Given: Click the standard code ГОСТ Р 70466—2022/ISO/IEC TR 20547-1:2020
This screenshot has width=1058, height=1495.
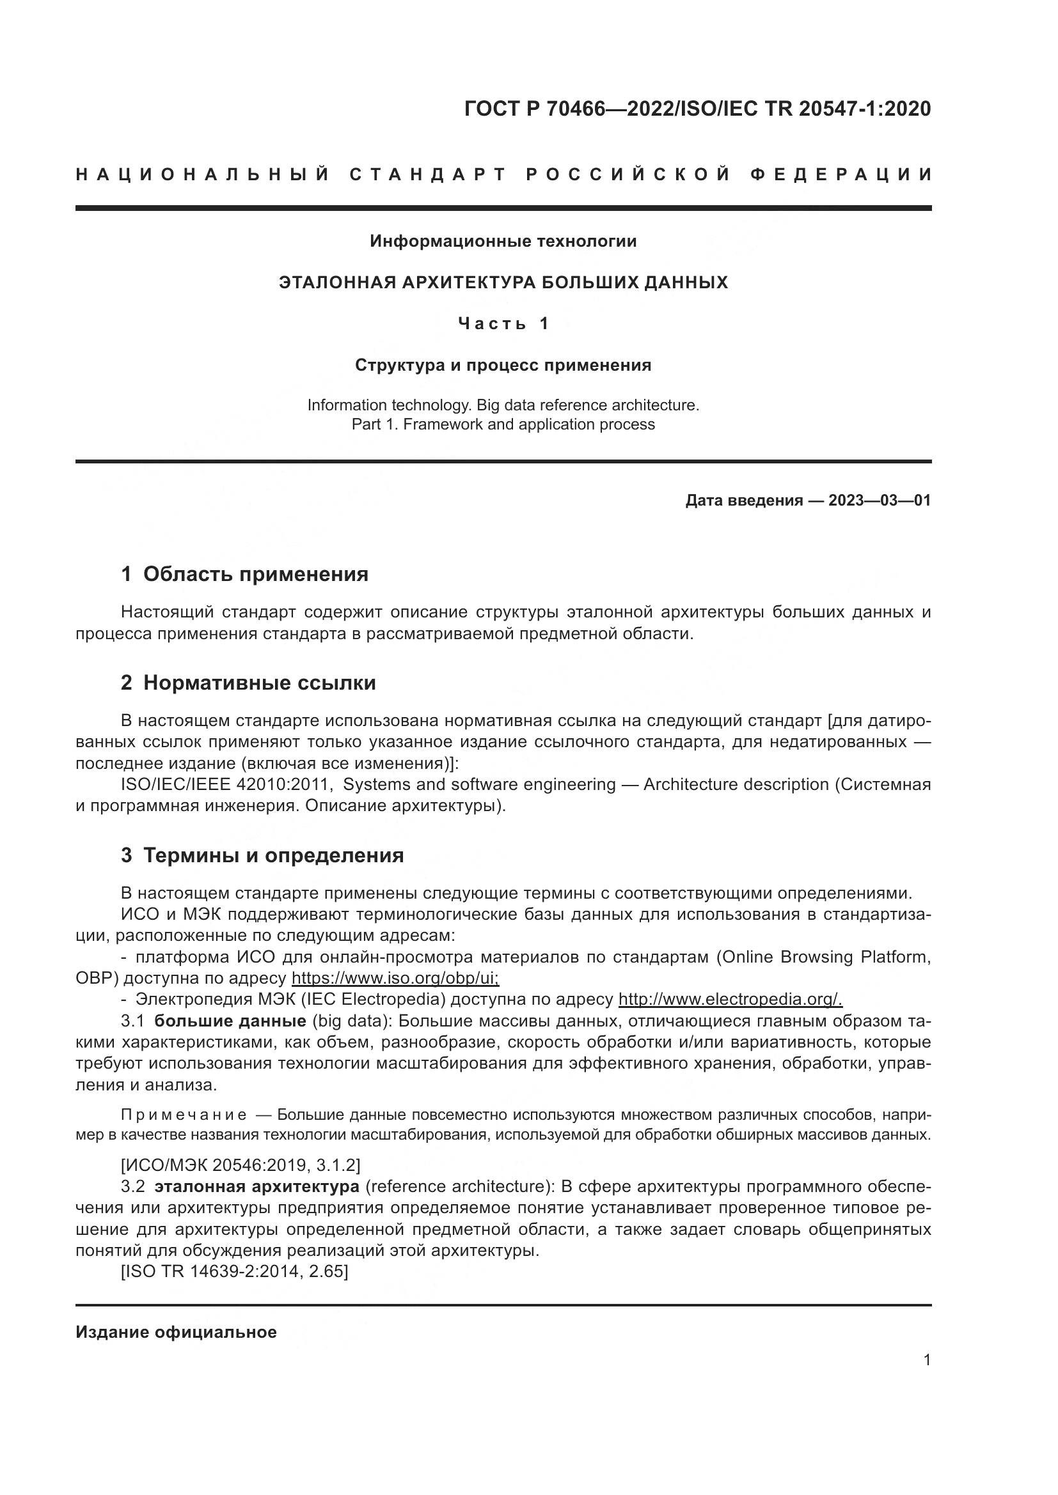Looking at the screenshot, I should pyautogui.click(x=698, y=109).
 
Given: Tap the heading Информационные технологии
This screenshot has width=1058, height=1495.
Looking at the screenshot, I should pyautogui.click(x=503, y=242).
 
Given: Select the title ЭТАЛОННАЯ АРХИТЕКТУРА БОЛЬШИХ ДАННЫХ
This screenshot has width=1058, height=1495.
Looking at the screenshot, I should pyautogui.click(x=503, y=283).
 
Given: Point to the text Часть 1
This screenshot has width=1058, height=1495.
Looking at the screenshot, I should pyautogui.click(x=503, y=323).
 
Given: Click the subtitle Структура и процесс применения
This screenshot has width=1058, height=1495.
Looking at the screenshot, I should pyautogui.click(x=503, y=366).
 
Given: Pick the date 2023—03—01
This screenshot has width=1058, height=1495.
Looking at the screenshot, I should pyautogui.click(x=879, y=500).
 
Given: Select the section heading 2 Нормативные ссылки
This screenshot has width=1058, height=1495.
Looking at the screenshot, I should pyautogui.click(x=248, y=683).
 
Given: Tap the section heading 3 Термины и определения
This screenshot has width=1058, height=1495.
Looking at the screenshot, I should pyautogui.click(x=262, y=855).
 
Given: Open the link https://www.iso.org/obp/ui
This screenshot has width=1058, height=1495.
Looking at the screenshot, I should pyautogui.click(x=395, y=978).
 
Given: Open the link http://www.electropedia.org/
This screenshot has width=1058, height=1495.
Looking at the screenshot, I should pyautogui.click(x=730, y=999).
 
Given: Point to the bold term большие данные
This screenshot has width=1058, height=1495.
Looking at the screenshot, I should pyautogui.click(x=230, y=1020).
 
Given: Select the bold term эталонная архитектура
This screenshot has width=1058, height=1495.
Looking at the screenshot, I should pyautogui.click(x=257, y=1186).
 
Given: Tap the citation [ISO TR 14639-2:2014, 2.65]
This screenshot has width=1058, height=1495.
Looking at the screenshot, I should pyautogui.click(x=235, y=1271).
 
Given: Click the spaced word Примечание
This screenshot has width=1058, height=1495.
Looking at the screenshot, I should pyautogui.click(x=184, y=1115).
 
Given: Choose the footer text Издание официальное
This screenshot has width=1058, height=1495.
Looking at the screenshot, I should pyautogui.click(x=176, y=1332).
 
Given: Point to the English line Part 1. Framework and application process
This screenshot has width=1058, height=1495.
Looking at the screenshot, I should pyautogui.click(x=503, y=424).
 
